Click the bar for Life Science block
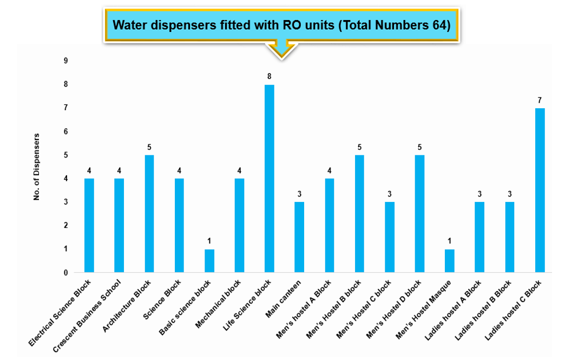coord(269,179)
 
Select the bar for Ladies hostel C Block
coord(540,190)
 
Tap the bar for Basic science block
coord(209,261)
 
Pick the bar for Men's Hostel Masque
coord(450,261)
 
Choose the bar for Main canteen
coord(299,237)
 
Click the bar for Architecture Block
coord(149,214)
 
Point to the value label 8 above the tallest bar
coord(269,76)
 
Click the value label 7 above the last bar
coord(540,100)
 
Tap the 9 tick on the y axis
coord(67,61)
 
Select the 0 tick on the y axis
coord(67,273)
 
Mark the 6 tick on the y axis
coord(67,132)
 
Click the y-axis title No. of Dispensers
coord(37,167)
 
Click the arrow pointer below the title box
coord(281,48)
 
